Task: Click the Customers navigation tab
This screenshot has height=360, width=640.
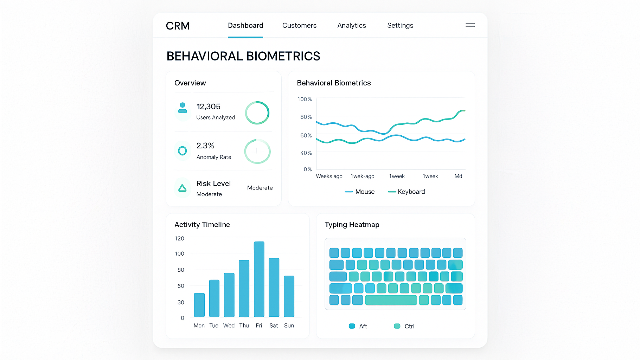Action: coord(299,25)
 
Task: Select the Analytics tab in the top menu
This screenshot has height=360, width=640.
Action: coord(352,25)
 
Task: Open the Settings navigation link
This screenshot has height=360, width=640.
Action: coord(400,25)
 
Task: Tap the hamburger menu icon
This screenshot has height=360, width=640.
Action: coord(470,25)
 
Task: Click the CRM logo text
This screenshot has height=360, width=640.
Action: coord(178,26)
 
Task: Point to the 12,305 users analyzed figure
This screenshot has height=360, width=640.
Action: coord(209,107)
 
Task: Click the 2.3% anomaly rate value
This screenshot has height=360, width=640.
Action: coord(205,146)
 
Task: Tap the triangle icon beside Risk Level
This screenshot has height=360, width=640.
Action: coord(183,188)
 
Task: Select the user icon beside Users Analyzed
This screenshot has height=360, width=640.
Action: coord(183,108)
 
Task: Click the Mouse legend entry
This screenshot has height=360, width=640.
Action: coord(360,192)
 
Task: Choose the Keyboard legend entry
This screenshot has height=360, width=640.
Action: coord(407,192)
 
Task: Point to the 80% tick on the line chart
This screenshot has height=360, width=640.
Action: coord(306,117)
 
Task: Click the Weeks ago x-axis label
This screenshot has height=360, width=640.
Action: coord(329,176)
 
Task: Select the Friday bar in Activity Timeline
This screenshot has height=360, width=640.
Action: coord(259,279)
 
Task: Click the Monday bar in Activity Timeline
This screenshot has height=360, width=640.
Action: coord(199,305)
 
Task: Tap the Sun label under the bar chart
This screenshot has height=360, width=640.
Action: coord(289,326)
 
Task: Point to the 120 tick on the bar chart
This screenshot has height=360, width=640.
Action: coord(179,238)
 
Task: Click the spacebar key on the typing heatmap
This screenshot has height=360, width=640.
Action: coord(391,300)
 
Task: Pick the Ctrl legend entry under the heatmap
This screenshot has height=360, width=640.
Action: coord(404,326)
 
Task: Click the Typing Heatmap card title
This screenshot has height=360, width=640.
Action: coord(352,225)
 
